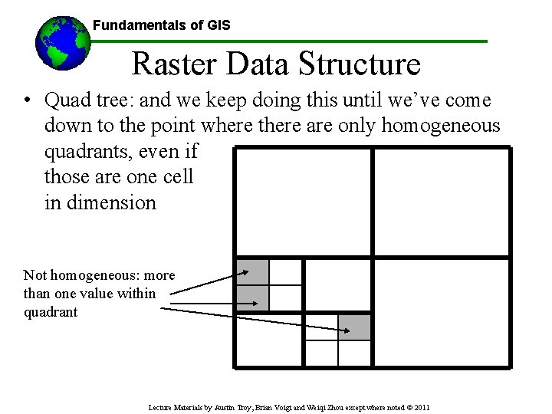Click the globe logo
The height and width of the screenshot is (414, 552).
coord(62,43)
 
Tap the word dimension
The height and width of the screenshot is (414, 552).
coord(112,202)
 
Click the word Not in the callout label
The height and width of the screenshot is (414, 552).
coord(34,274)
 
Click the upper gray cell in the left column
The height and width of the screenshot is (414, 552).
coord(252,272)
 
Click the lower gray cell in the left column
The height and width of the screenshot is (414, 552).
coord(252,298)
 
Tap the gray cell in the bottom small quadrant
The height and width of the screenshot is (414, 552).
coord(355,327)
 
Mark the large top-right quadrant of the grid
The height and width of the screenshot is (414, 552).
coord(441,202)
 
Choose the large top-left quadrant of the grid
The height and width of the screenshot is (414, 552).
coord(302,202)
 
